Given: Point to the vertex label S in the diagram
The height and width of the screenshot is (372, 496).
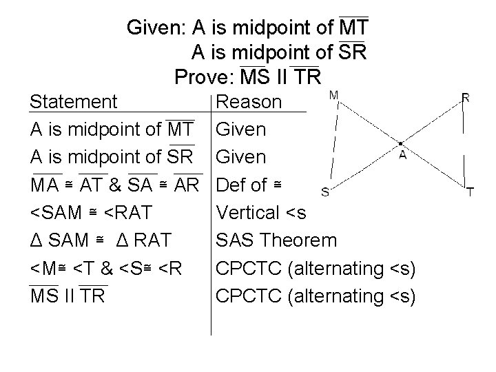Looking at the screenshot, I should tap(324, 192).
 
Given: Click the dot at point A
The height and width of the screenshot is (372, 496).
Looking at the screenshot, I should tap(402, 145).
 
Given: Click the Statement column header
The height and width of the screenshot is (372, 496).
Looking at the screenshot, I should tap(74, 102).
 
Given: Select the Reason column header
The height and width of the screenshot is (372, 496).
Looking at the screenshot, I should tap(249, 102).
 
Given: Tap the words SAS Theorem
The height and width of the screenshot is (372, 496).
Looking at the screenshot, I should tap(277, 240).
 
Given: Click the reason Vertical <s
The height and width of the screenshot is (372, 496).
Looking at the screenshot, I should tap(261, 213).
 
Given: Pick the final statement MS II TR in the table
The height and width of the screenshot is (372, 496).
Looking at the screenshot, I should tap(69, 296).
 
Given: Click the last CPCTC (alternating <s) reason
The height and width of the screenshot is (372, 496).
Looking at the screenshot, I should tap(316, 296).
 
